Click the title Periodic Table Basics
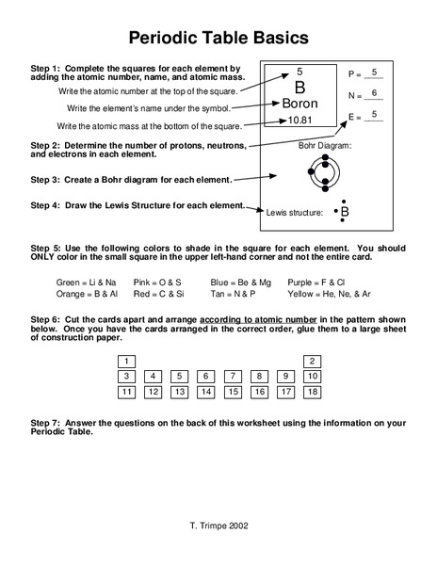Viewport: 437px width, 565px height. [218, 39]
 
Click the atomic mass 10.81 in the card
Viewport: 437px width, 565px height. [299, 121]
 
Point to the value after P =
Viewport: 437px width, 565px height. [374, 72]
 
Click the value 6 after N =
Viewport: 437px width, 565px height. [374, 93]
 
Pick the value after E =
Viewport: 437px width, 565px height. [374, 115]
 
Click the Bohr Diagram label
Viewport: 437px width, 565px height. [324, 146]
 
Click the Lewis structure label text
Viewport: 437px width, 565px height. [295, 213]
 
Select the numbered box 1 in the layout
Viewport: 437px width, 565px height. [125, 361]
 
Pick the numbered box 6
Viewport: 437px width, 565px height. [205, 376]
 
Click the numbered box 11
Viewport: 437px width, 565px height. [125, 392]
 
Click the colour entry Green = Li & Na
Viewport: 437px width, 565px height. [87, 282]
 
